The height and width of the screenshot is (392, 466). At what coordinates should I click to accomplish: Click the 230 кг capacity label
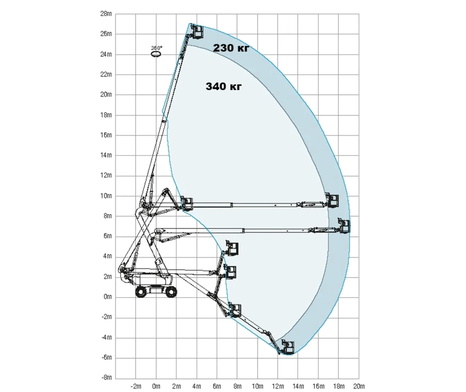click(231, 48)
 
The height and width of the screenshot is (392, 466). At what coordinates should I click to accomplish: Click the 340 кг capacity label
click(223, 87)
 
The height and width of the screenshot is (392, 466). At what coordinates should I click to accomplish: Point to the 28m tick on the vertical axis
click(106, 14)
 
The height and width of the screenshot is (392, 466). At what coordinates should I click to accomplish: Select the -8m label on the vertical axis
click(106, 378)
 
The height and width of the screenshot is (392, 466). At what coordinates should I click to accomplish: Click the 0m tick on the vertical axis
click(108, 297)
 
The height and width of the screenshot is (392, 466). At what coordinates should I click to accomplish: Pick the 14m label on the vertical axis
click(106, 155)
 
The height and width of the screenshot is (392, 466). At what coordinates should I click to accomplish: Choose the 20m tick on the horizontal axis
click(359, 387)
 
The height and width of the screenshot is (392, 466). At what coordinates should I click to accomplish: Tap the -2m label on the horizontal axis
click(136, 387)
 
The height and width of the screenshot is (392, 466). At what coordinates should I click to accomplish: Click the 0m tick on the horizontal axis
click(156, 387)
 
